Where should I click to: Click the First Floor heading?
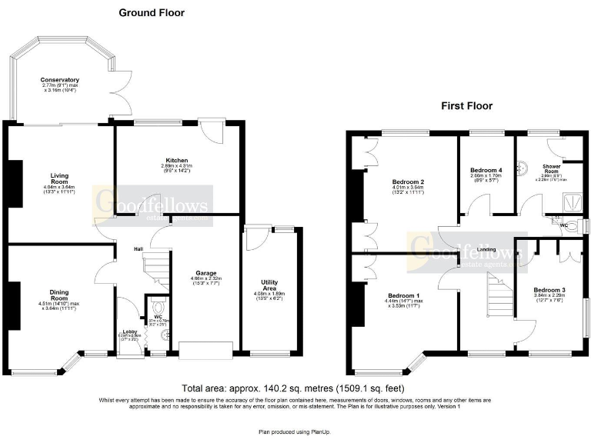tap(466, 106)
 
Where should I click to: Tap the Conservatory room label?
tap(60, 80)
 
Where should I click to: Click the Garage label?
tap(205, 273)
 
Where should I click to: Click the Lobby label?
tap(130, 331)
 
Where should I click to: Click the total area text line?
tap(293, 388)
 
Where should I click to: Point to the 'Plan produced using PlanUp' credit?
tap(295, 433)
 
